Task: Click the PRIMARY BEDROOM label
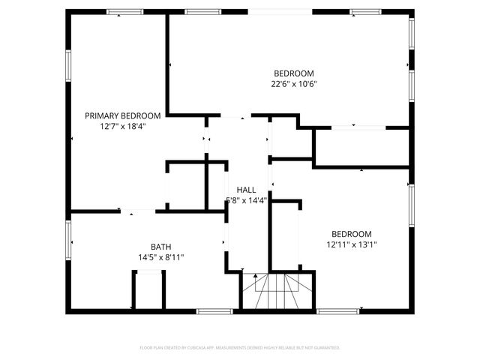coord(122,115)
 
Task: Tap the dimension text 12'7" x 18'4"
coord(122,127)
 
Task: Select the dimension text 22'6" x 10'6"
coord(293,84)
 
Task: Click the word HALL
coord(246,190)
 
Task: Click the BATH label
coord(160,247)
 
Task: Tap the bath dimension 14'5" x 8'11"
coord(160,257)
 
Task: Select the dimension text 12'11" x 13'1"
coord(351,244)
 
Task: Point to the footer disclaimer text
coord(240,347)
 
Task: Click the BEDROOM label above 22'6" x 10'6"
coord(293,73)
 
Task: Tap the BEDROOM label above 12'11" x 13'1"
coord(351,233)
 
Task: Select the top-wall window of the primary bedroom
coord(124,12)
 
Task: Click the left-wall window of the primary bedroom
coord(69,65)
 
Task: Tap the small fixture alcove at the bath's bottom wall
coord(148,291)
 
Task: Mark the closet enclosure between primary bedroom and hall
coord(186,184)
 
